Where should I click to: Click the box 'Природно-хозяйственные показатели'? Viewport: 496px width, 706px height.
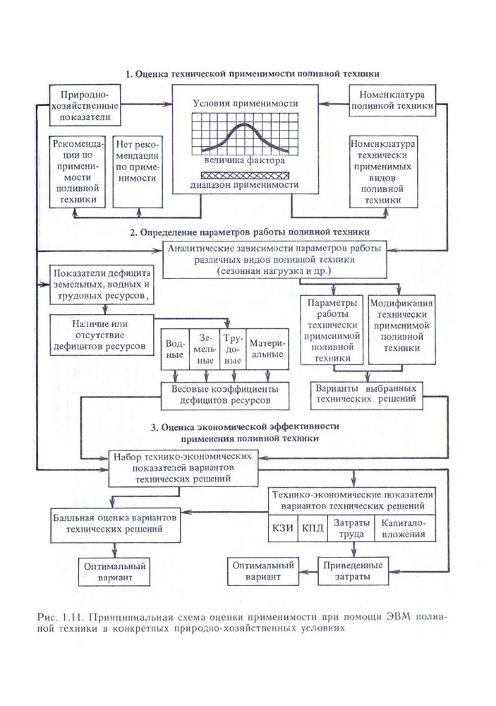click(x=84, y=106)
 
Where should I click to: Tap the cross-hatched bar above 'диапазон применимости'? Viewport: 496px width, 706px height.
click(x=245, y=174)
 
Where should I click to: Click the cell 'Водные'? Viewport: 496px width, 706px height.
click(x=174, y=349)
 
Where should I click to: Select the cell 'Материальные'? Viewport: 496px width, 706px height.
click(x=267, y=349)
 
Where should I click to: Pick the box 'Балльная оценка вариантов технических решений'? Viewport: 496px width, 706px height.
click(x=114, y=522)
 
